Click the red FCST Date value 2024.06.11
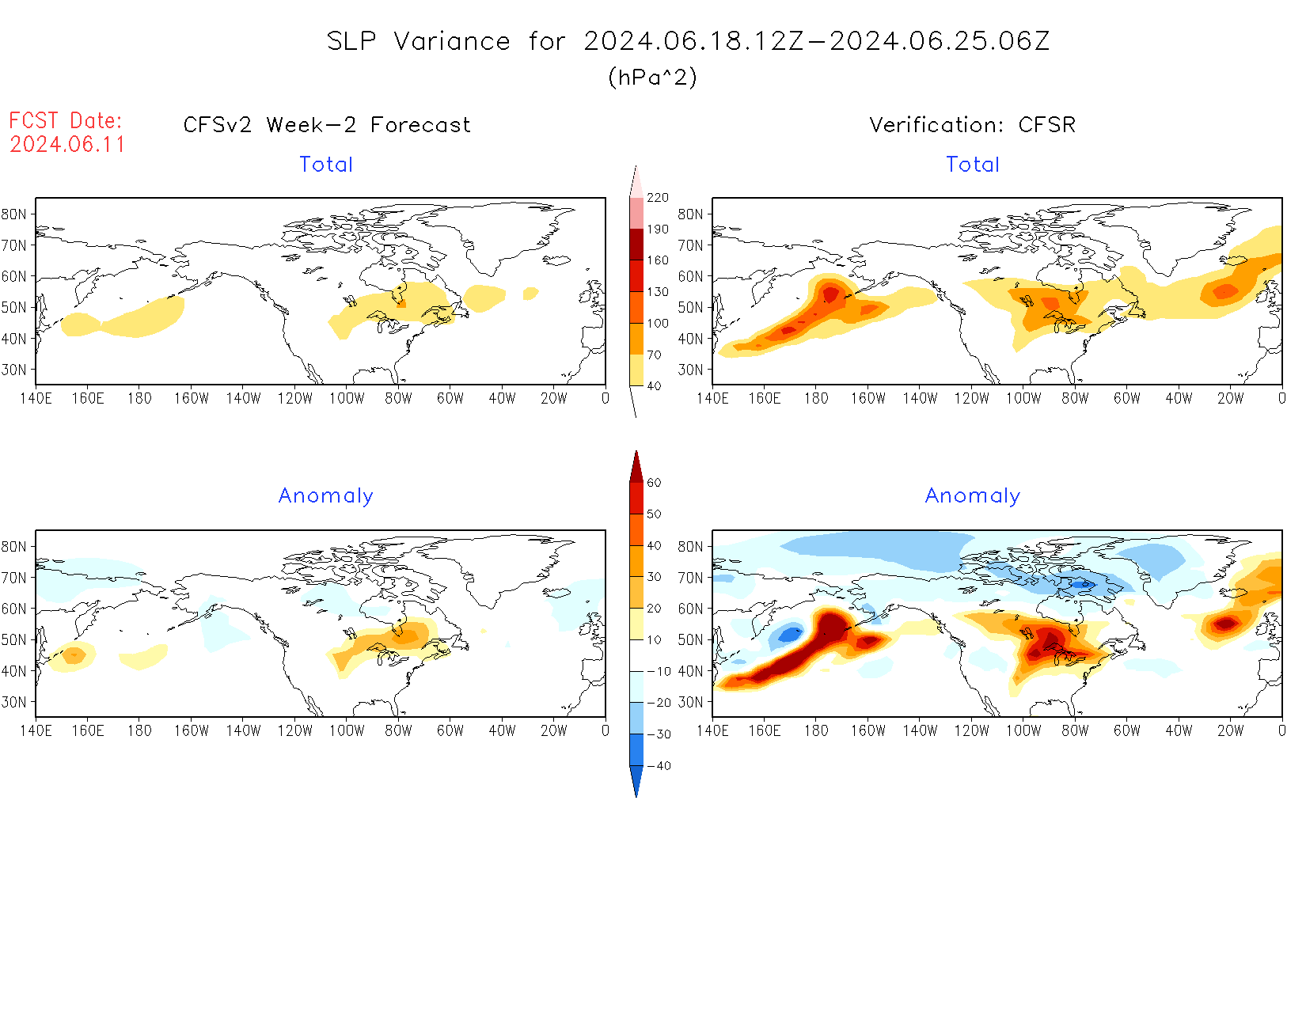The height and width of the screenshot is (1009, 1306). pyautogui.click(x=67, y=145)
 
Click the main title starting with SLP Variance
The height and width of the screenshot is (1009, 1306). pyautogui.click(x=688, y=41)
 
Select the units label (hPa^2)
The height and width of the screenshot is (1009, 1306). pyautogui.click(x=652, y=77)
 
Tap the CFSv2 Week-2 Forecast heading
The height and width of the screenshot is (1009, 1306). pyautogui.click(x=327, y=125)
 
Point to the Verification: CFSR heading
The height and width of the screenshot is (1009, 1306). pyautogui.click(x=972, y=125)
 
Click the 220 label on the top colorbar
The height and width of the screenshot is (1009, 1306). pyautogui.click(x=657, y=198)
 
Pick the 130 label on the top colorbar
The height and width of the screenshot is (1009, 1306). pyautogui.click(x=657, y=292)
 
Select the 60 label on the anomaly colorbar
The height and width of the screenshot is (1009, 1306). pyautogui.click(x=654, y=483)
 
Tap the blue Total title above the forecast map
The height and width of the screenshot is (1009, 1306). pyautogui.click(x=326, y=165)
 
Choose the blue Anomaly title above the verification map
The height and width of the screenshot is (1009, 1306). pyautogui.click(x=972, y=496)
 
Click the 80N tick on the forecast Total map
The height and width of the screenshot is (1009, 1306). pyautogui.click(x=14, y=214)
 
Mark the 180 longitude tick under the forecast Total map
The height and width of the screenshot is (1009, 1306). pyautogui.click(x=139, y=399)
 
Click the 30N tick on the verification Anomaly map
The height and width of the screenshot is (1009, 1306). pyautogui.click(x=690, y=702)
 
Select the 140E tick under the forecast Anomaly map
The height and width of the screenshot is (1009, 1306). pyautogui.click(x=36, y=731)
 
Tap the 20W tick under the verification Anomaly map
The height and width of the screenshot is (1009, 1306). pyautogui.click(x=1230, y=731)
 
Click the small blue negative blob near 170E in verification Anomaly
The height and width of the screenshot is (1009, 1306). pyautogui.click(x=791, y=634)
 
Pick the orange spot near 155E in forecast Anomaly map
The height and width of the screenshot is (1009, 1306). pyautogui.click(x=74, y=654)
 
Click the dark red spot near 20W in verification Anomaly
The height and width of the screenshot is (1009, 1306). pyautogui.click(x=1226, y=624)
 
